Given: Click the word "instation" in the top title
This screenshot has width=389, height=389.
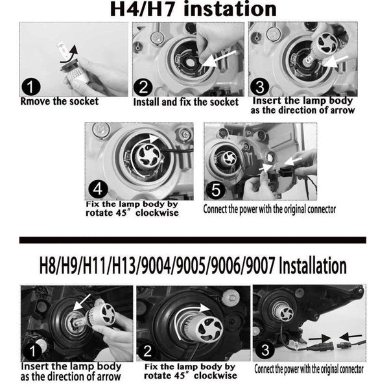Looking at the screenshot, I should [224, 10].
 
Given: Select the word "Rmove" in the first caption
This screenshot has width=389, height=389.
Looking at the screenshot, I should [35, 101].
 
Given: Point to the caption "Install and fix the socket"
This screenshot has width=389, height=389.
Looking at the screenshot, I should [185, 102].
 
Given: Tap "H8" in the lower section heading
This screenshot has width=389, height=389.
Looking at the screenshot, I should [48, 266].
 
